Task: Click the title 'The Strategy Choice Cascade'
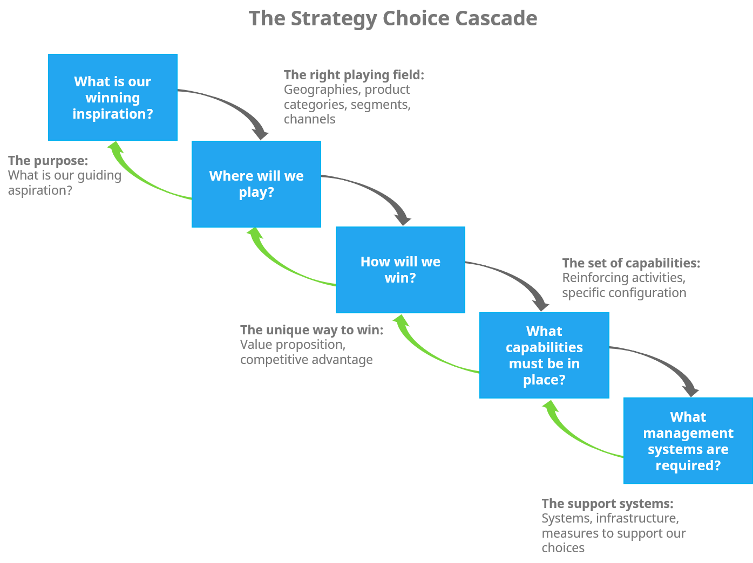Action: (392, 18)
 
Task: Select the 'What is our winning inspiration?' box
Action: (112, 98)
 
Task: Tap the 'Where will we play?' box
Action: (256, 184)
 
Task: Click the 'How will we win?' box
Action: (400, 270)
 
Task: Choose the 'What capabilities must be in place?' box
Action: (544, 355)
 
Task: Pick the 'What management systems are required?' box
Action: (688, 441)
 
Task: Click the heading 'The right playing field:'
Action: (354, 75)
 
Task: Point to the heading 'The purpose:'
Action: (48, 161)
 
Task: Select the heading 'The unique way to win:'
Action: (311, 330)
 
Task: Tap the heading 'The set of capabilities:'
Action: (630, 263)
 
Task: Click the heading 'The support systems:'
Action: (607, 504)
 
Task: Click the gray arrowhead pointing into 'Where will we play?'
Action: (260, 133)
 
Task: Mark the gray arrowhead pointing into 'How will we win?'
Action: (403, 218)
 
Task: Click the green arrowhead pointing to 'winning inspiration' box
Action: (114, 148)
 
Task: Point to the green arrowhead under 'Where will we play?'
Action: (254, 234)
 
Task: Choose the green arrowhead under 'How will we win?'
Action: (400, 321)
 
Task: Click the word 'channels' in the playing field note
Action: (309, 119)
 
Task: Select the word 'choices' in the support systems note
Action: (562, 548)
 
